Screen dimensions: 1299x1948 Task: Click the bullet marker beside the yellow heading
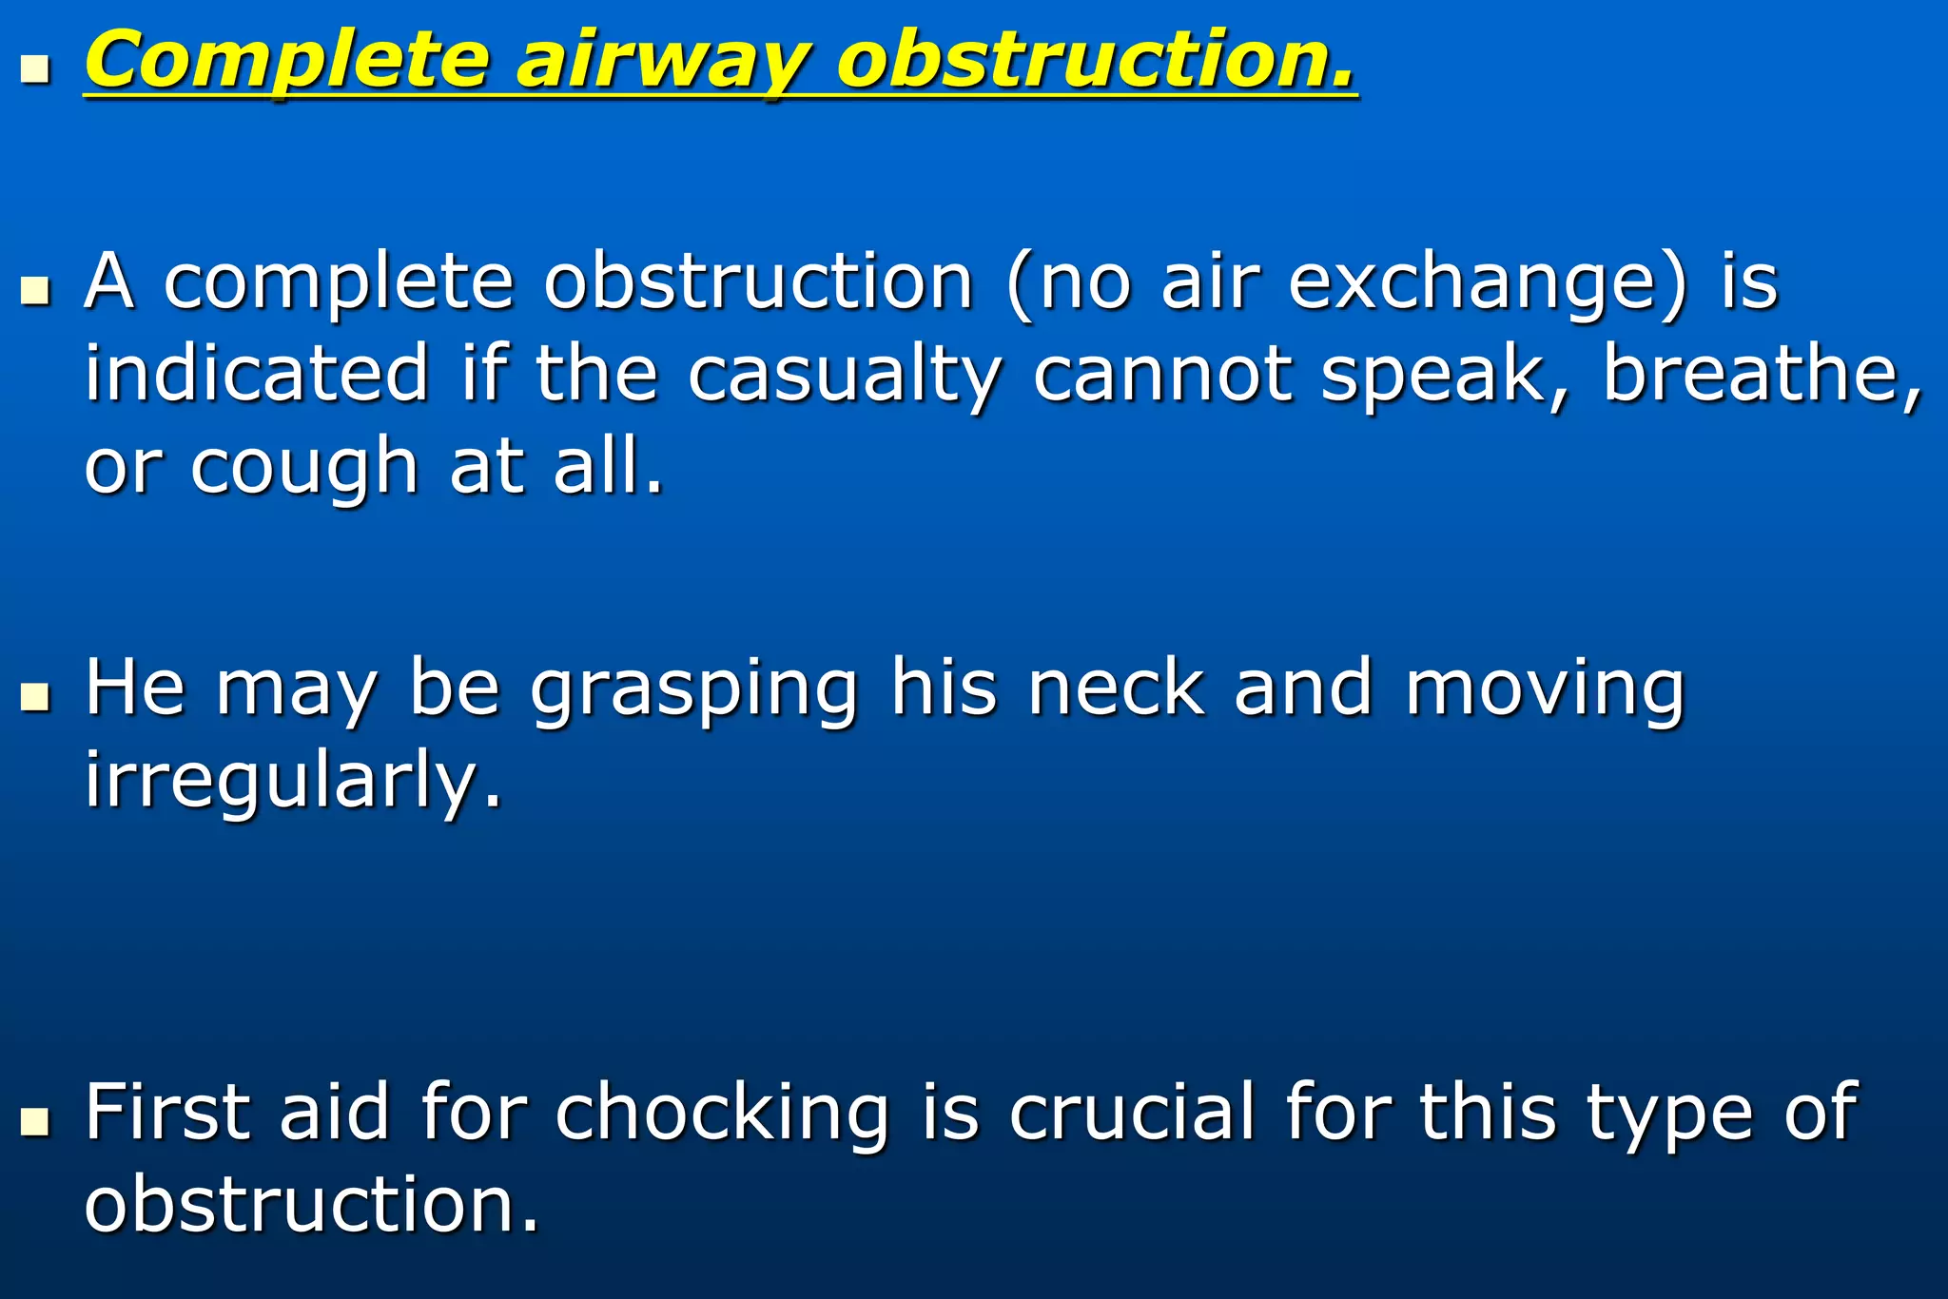[35, 69]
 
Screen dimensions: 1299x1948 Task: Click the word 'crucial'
[1131, 1112]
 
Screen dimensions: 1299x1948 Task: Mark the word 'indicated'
[257, 373]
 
